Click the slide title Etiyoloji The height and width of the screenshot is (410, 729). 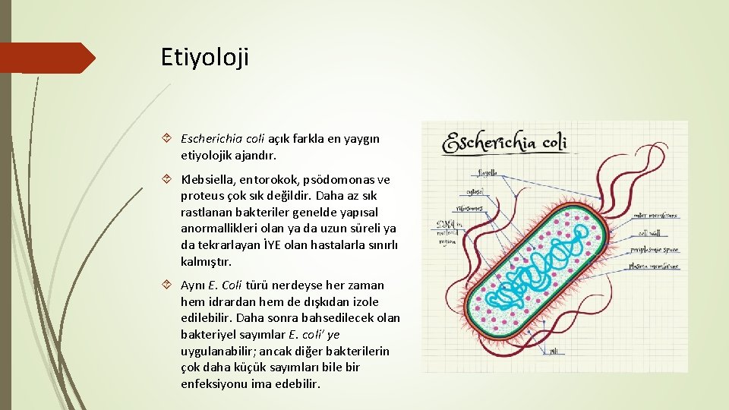(x=204, y=57)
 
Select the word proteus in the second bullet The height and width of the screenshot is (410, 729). (x=199, y=196)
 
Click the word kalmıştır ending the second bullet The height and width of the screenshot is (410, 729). (x=205, y=261)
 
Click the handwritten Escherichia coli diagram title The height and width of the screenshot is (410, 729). (x=506, y=142)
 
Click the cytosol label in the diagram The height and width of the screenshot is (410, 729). (x=477, y=191)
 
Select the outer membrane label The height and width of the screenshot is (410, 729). (x=655, y=216)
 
